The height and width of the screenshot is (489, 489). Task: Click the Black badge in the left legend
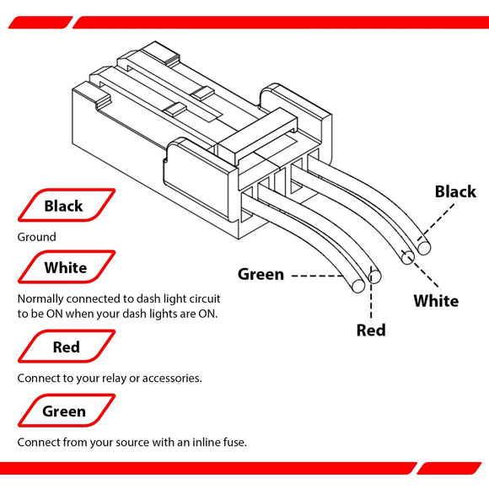pyautogui.click(x=65, y=206)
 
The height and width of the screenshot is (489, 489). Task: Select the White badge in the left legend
pyautogui.click(x=66, y=267)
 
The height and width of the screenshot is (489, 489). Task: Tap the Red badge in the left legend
pyautogui.click(x=67, y=347)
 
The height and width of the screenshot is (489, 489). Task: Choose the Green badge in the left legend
pyautogui.click(x=65, y=411)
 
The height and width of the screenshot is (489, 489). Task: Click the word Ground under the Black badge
pyautogui.click(x=37, y=238)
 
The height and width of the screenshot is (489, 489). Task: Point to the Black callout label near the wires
pyautogui.click(x=455, y=191)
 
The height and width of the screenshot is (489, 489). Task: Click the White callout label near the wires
pyautogui.click(x=436, y=301)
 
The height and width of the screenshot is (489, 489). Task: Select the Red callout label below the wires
pyautogui.click(x=371, y=330)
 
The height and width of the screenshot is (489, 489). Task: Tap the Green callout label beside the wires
pyautogui.click(x=261, y=274)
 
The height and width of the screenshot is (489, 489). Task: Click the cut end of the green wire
pyautogui.click(x=358, y=286)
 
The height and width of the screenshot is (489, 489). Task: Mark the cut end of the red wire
pyautogui.click(x=376, y=276)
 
